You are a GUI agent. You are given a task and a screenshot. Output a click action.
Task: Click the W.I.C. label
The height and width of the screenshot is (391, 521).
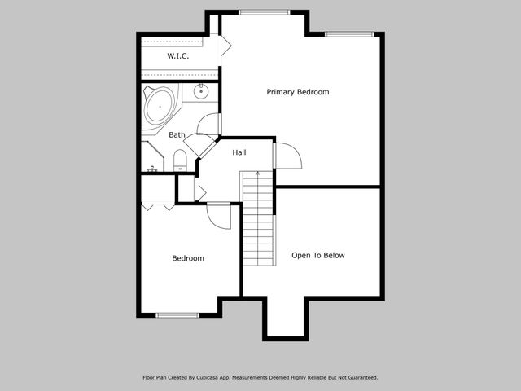[x=178, y=56]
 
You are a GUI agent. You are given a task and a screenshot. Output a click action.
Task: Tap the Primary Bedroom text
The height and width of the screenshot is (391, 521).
[x=298, y=92]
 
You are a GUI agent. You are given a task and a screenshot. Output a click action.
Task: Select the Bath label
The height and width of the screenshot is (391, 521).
[x=177, y=135]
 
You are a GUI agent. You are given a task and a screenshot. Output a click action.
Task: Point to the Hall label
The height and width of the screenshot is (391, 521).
[x=239, y=152]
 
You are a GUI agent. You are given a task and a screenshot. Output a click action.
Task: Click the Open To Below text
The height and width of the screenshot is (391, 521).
[x=318, y=255]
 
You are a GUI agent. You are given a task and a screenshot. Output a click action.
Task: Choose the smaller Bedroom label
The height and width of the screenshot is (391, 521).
[x=188, y=258]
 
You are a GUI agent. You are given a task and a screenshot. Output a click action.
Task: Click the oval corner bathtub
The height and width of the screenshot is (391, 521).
[x=161, y=106]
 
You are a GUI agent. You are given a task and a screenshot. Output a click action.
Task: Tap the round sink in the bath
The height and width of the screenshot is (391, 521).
[x=201, y=92]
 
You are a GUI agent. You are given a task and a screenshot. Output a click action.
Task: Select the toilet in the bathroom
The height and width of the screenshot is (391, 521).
[x=181, y=160]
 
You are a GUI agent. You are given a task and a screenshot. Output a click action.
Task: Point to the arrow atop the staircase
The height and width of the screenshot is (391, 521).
[x=258, y=175]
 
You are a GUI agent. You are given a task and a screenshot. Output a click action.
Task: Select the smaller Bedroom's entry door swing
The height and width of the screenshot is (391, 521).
[x=218, y=215]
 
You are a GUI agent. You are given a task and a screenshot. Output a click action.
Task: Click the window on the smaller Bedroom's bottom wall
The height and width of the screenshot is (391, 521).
[x=177, y=315]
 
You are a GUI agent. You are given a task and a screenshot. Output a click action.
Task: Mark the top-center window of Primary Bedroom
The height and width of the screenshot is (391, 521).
[x=265, y=12]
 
